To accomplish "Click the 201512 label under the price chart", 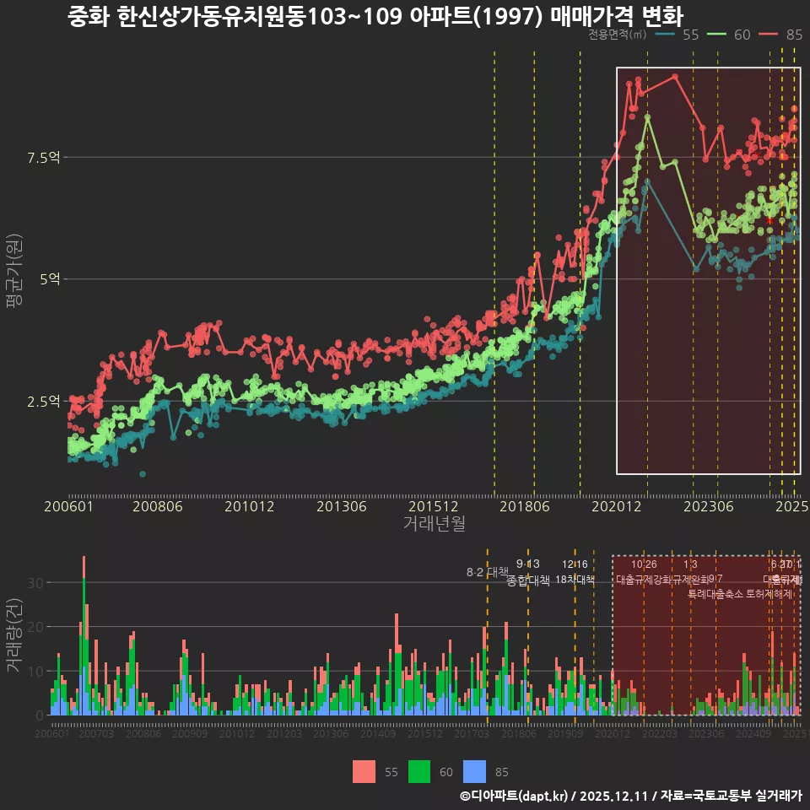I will pyautogui.click(x=434, y=507).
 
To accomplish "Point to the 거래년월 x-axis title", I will pyautogui.click(x=434, y=524).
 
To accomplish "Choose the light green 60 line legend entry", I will pyautogui.click(x=730, y=35).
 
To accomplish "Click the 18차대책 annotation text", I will pyautogui.click(x=575, y=580).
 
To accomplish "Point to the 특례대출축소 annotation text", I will pyautogui.click(x=716, y=593).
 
